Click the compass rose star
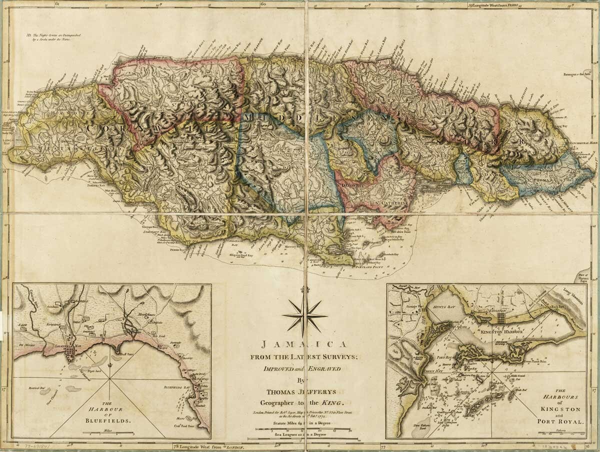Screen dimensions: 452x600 [x=304, y=315]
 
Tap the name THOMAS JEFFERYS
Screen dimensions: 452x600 [x=303, y=391]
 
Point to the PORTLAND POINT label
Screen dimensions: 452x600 [x=366, y=268]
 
